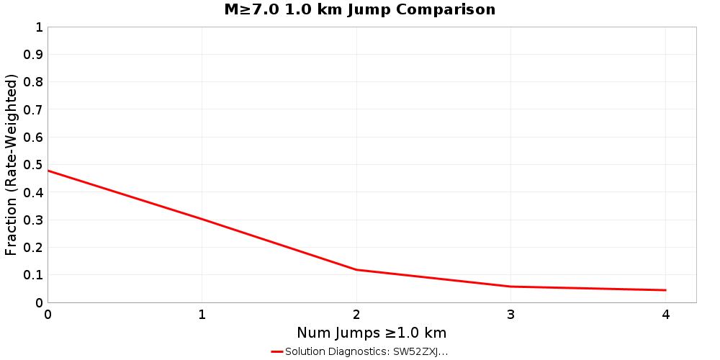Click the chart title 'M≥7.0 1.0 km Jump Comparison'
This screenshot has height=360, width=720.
coord(359,10)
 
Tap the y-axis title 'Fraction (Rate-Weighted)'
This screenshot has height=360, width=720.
coord(12,165)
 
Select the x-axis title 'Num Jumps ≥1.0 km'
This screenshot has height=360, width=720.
coord(372,333)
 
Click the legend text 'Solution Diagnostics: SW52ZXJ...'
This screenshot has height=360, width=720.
coord(366,352)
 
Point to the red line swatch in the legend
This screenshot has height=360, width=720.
coord(276,352)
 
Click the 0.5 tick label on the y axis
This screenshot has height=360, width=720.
coord(35,165)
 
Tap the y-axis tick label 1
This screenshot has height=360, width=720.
coord(39,27)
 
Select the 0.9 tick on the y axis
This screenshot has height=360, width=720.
coord(35,55)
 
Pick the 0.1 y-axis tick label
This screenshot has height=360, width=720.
coord(35,275)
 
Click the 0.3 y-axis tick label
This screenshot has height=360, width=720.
coord(35,220)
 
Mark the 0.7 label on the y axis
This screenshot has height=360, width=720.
coord(35,110)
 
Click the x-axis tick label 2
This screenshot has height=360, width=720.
coord(356,315)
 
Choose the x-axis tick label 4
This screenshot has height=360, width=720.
coord(665,315)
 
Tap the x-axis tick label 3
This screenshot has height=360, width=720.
coord(511,315)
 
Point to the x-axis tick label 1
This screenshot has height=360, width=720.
coord(202,315)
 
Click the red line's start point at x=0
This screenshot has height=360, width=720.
coord(48,171)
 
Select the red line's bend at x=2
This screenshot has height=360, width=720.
coord(356,270)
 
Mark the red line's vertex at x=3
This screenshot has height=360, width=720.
coord(511,287)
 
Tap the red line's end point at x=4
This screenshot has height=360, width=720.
coord(665,290)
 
